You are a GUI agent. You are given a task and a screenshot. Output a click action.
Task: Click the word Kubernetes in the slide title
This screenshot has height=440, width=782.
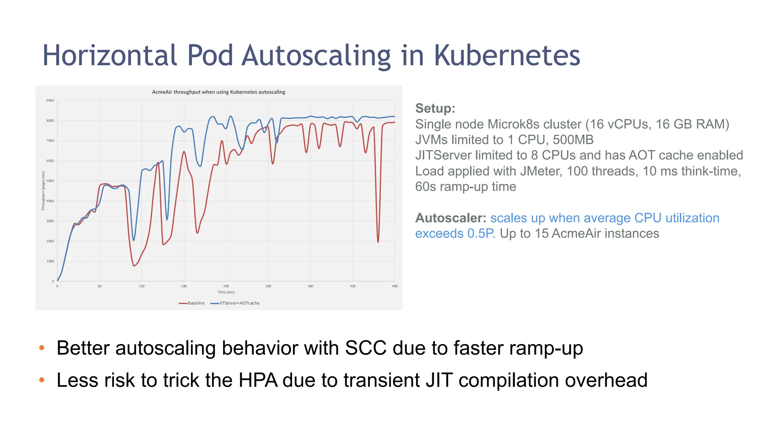[507, 55]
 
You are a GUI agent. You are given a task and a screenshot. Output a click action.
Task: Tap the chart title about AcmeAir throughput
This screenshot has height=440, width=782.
[218, 92]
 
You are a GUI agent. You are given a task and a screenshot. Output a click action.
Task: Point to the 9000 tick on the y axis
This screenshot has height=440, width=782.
[50, 100]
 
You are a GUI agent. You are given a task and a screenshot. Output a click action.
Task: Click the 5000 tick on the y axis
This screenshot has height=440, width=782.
[50, 181]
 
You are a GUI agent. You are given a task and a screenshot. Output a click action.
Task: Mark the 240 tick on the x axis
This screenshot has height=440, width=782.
[226, 286]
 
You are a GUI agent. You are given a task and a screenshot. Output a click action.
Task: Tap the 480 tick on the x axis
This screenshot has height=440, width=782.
[394, 286]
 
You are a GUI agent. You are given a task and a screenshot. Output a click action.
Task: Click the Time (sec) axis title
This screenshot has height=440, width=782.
[226, 292]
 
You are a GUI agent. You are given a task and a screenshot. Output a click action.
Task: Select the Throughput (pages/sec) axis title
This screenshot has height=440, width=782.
[43, 191]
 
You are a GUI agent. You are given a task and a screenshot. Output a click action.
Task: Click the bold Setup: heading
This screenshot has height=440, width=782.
[435, 108]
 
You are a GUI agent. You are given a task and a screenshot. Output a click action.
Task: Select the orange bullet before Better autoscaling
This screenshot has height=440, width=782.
[42, 348]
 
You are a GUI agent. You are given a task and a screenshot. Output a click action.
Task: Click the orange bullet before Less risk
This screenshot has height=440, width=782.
[42, 380]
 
